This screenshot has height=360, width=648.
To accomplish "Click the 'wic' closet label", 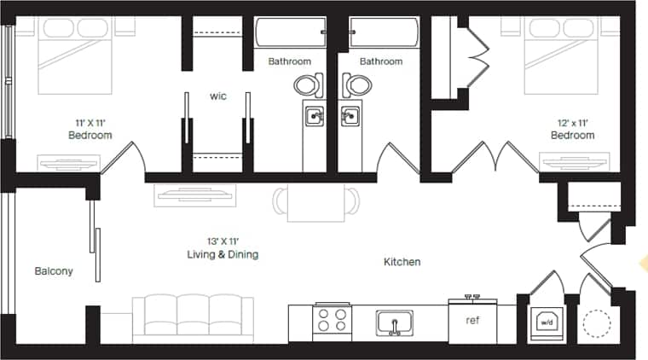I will click(217, 96).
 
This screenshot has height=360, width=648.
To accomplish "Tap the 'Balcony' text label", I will click(54, 271).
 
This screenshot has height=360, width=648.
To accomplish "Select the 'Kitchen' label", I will click(402, 262).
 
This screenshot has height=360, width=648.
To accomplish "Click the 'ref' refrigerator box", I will click(472, 321).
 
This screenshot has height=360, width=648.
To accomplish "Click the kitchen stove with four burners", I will click(333, 322).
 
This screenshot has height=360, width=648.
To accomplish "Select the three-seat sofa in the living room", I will click(192, 316).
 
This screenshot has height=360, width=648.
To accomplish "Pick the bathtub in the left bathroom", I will click(291, 34).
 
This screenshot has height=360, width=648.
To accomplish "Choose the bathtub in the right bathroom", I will click(383, 34).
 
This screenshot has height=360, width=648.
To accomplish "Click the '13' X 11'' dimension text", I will click(223, 241).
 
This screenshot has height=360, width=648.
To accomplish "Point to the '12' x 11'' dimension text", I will click(573, 122).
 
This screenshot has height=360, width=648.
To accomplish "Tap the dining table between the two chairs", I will click(316, 202).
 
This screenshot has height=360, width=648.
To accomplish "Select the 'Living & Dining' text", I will click(223, 254).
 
